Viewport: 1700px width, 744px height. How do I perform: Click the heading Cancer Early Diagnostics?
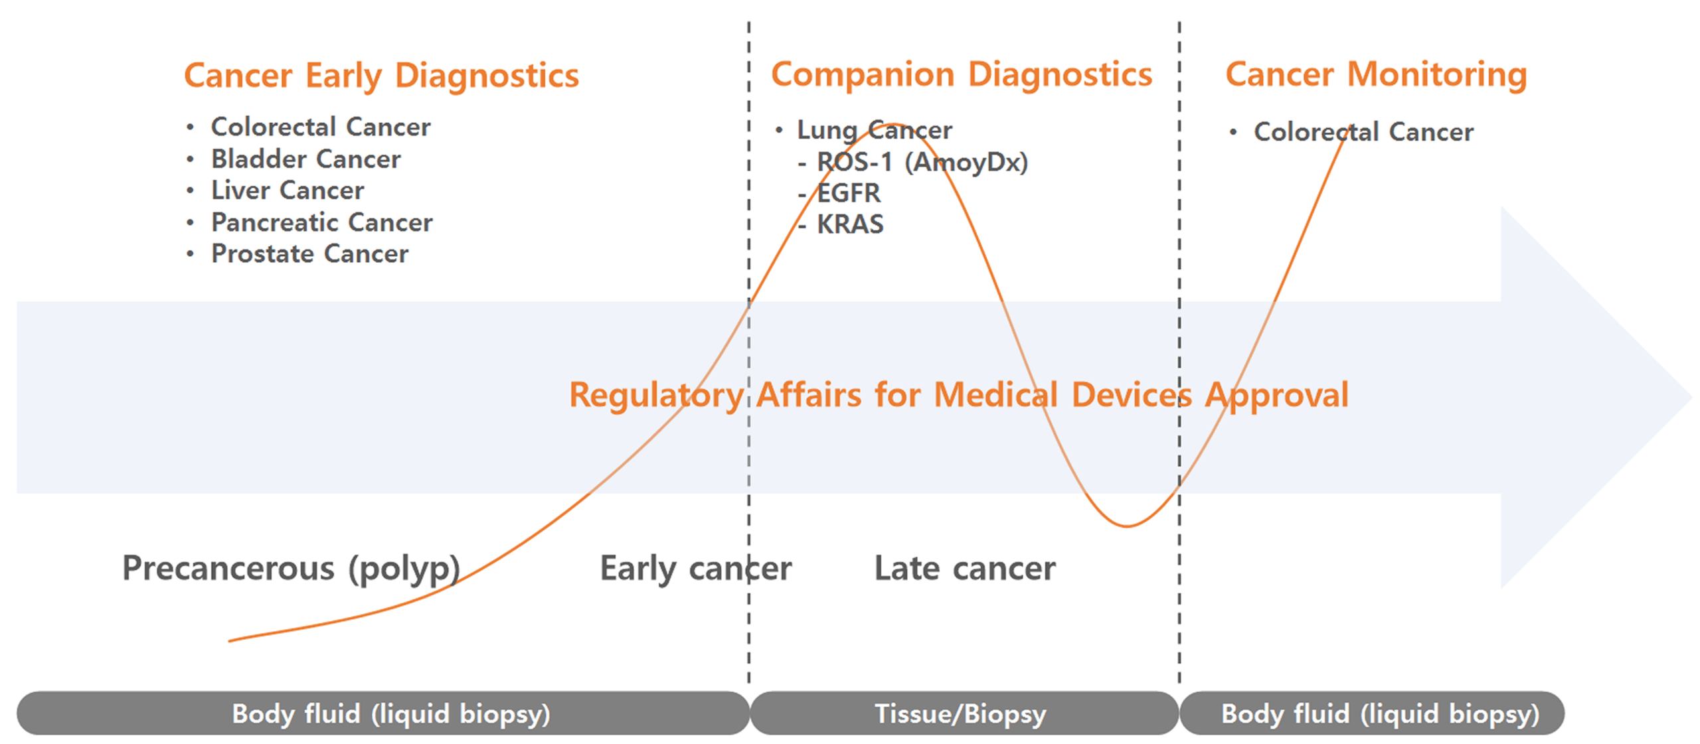click(381, 76)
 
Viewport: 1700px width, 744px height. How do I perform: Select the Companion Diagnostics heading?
click(961, 74)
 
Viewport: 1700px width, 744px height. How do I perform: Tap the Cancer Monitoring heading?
click(1376, 74)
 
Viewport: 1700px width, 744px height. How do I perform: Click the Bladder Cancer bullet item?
click(305, 159)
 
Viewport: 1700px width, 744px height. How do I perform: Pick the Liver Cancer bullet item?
click(288, 190)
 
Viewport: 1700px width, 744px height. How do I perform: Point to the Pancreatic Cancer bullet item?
click(321, 222)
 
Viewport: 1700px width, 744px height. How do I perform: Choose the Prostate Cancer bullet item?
click(309, 254)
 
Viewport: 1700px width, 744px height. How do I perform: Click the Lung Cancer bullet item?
click(875, 130)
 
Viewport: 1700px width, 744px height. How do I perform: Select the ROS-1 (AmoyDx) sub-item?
click(922, 162)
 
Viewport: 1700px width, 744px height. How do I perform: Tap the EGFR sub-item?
click(848, 193)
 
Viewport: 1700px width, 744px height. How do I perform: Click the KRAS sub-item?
click(850, 224)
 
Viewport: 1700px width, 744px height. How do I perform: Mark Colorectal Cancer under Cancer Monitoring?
click(1363, 131)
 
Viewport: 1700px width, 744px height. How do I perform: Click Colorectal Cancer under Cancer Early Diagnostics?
click(321, 127)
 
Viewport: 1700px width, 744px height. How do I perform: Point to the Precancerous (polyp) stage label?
click(291, 569)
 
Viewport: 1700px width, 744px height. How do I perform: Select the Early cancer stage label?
click(695, 569)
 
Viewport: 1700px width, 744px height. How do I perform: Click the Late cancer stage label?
click(964, 569)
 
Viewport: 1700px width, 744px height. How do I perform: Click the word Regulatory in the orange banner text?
click(657, 396)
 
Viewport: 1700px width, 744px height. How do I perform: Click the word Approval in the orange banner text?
click(1276, 396)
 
